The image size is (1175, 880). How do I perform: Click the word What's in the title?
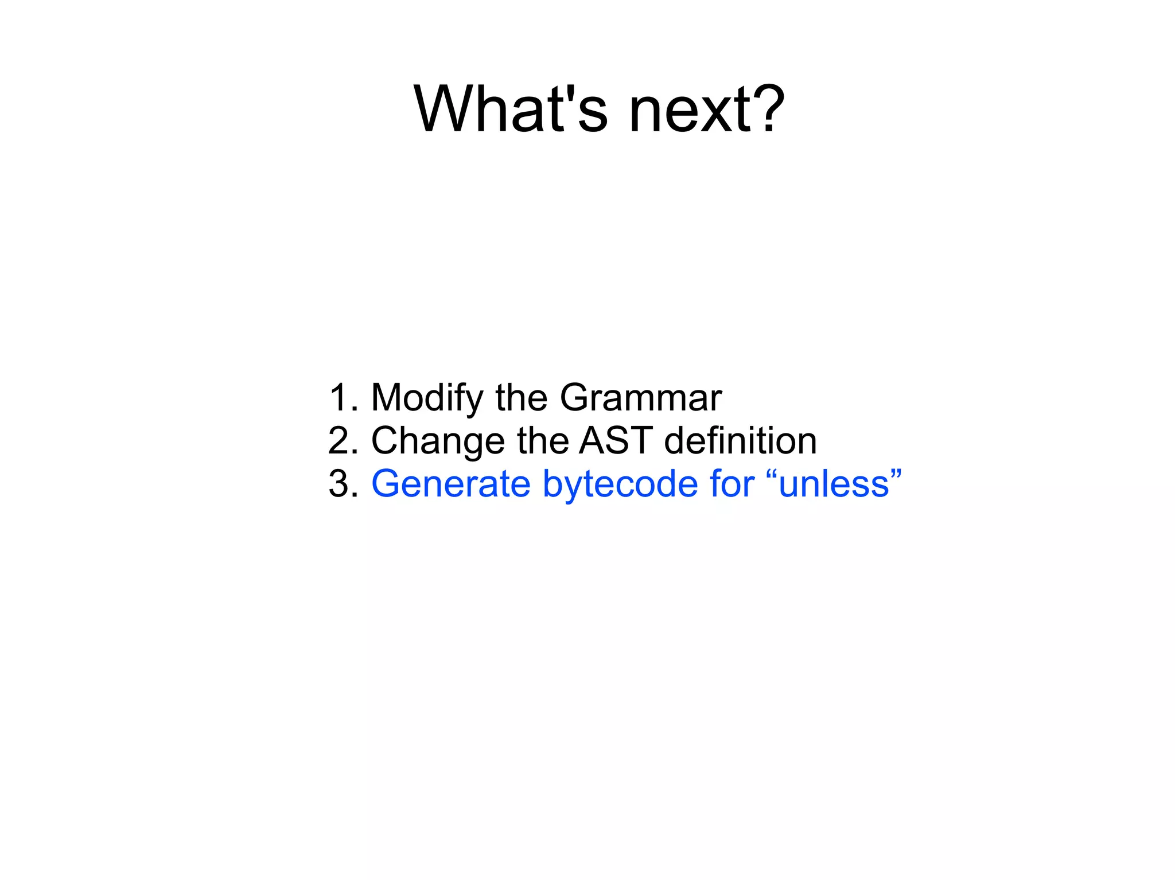(510, 109)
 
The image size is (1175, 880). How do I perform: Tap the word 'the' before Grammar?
(521, 397)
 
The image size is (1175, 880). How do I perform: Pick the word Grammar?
(640, 397)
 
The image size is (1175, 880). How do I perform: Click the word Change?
(438, 441)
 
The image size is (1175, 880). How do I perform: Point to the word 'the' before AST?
(542, 440)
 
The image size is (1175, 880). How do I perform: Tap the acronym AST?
(616, 440)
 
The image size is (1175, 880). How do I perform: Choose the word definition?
(740, 440)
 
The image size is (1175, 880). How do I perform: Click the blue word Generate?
(451, 484)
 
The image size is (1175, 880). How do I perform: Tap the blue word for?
(732, 484)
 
